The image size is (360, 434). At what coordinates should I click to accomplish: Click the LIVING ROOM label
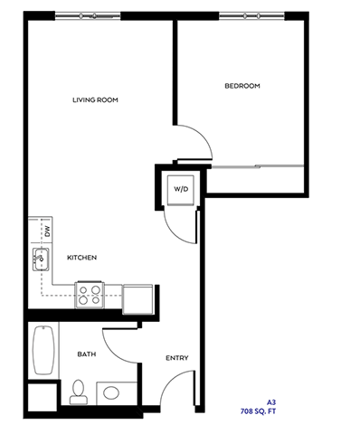point(96,99)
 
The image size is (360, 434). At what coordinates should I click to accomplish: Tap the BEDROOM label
point(242,86)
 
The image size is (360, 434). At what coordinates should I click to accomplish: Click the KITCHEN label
point(82,258)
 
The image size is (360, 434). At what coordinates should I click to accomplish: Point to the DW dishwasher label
point(46,231)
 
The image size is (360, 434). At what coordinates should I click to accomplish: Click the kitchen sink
point(40,260)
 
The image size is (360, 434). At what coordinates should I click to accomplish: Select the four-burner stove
point(90,294)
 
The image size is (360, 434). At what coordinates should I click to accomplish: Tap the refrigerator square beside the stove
point(137,297)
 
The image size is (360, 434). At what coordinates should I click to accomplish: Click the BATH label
point(87,354)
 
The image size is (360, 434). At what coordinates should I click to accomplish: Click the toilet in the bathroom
point(78,392)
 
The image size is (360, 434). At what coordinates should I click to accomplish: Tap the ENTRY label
point(176,359)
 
